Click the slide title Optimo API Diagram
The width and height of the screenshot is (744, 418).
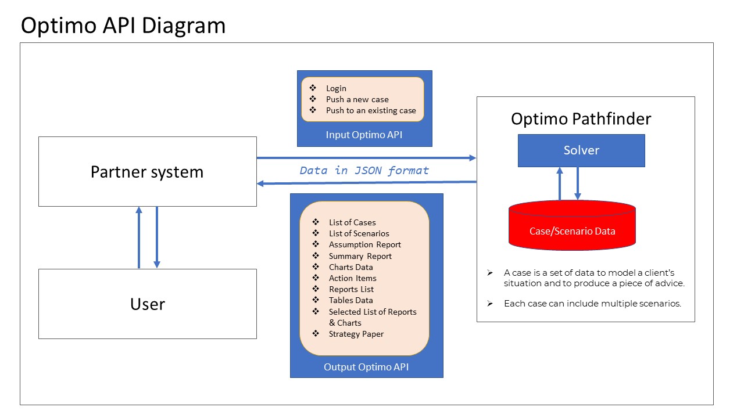pos(123,26)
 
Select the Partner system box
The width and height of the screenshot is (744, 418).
pos(147,172)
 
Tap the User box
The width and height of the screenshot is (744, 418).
pos(147,304)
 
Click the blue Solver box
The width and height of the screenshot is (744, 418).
pos(581,150)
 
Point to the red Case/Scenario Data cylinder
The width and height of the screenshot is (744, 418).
pos(572,230)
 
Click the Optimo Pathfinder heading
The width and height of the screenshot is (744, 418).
pos(581,119)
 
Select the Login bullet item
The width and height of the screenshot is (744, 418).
pos(336,88)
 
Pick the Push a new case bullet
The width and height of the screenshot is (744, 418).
pos(357,99)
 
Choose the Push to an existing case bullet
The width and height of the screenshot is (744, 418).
pos(371,110)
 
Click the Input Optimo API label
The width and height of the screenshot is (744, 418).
pos(364,135)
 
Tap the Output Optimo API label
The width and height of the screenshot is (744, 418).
pos(366,367)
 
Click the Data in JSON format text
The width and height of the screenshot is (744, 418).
pos(364,171)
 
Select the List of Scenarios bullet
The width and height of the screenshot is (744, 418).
pos(359,233)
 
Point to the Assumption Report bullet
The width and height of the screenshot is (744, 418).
pos(364,244)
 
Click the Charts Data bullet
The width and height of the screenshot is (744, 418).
pos(350,267)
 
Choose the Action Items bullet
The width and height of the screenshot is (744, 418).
pos(352,278)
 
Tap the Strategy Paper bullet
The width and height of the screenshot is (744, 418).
pos(356,334)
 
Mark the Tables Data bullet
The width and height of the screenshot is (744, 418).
pos(350,300)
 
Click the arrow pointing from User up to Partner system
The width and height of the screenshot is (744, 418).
pos(138,237)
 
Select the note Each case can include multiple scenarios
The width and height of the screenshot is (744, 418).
pos(592,303)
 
